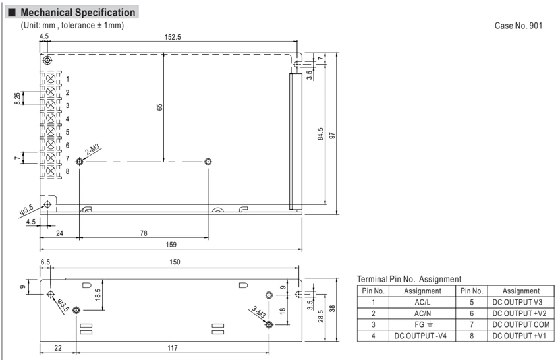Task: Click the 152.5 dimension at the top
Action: [x=173, y=37]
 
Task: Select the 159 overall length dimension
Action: [x=171, y=245]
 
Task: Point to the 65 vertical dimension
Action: [x=159, y=107]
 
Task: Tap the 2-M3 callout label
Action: [x=92, y=150]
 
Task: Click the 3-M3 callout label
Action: [x=258, y=312]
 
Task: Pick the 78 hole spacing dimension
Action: [x=144, y=233]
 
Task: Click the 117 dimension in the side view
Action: [x=173, y=348]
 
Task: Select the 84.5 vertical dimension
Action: [x=320, y=133]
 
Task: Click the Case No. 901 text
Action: [x=518, y=26]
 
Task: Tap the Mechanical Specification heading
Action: [x=78, y=13]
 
